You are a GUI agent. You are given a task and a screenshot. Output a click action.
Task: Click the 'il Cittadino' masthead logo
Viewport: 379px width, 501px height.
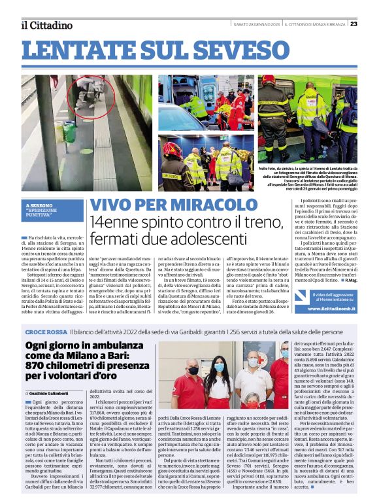[45, 25]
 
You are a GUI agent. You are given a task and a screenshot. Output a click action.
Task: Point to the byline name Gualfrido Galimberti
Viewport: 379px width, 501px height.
[53, 392]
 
